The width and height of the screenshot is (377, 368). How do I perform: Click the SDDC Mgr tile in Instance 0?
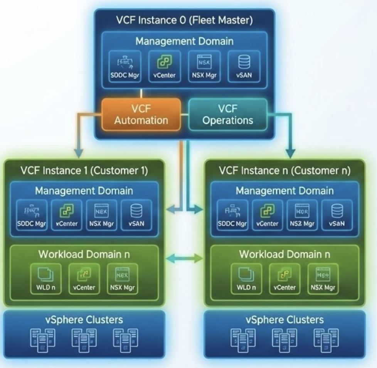point(124,66)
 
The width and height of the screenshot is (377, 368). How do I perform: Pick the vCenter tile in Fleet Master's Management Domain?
point(164,66)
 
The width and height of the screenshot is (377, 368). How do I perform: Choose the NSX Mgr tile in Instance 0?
point(204,66)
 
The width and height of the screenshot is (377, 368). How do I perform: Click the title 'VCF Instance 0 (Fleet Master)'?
point(185,21)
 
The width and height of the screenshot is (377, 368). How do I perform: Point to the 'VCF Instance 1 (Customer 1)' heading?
point(84,170)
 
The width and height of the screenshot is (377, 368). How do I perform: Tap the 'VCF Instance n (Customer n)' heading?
point(285,170)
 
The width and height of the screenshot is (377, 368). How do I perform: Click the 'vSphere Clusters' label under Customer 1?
point(84,320)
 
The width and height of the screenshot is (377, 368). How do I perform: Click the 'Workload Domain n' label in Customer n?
point(285,255)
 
